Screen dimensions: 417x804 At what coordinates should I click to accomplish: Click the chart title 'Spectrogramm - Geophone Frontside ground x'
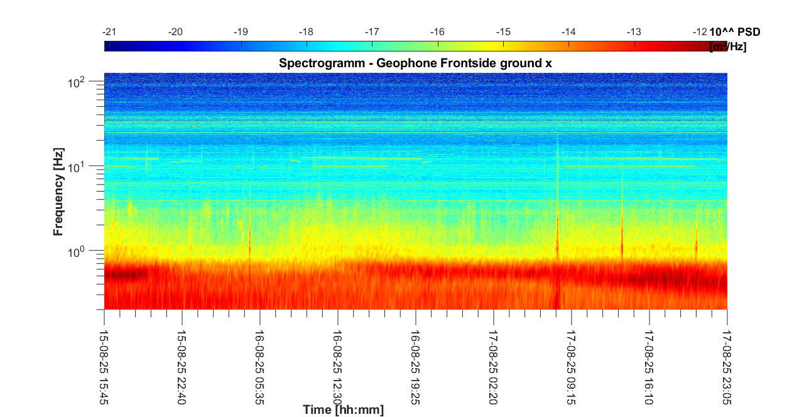(x=415, y=63)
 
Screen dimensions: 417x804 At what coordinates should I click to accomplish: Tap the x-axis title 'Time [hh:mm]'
(x=343, y=410)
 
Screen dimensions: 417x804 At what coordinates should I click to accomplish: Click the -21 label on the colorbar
(x=110, y=32)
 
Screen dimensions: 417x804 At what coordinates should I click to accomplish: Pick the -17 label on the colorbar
(x=372, y=32)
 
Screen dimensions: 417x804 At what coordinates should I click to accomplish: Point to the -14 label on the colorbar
(x=569, y=32)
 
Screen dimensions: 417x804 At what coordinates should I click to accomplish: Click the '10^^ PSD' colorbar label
(x=738, y=32)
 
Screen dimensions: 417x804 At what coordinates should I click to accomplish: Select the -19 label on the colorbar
(x=241, y=32)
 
